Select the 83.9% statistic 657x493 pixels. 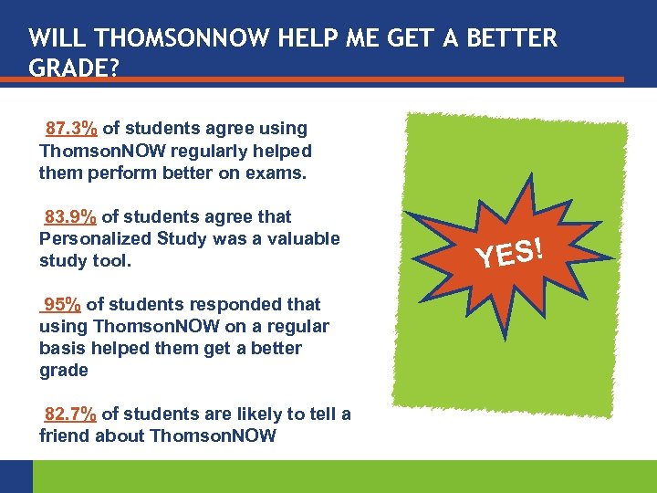71,216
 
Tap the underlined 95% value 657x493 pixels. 60,304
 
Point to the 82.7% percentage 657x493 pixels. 71,414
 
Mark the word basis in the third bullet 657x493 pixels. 60,348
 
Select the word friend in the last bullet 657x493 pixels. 64,435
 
